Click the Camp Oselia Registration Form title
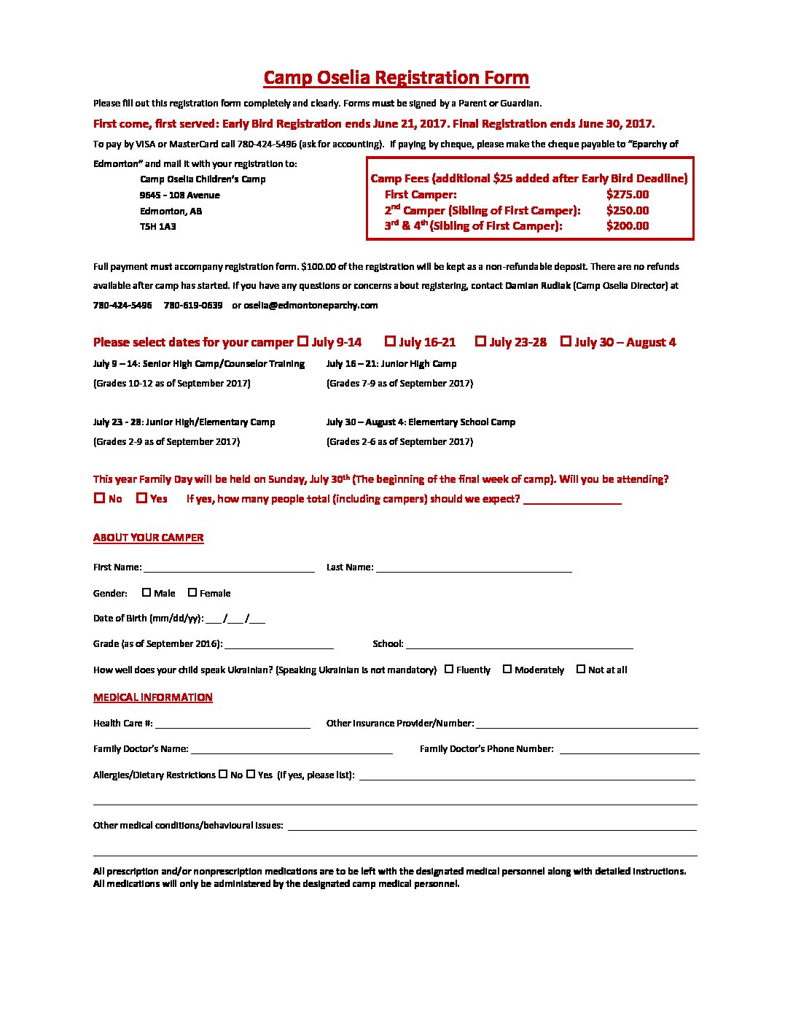[x=396, y=77]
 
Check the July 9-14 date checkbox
[x=302, y=341]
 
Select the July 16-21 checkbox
[x=390, y=341]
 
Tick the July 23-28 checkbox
[x=480, y=341]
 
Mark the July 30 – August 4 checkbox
[x=566, y=341]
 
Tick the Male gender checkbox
[x=147, y=593]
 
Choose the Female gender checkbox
[x=192, y=593]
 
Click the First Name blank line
[x=229, y=567]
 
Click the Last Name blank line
[x=473, y=567]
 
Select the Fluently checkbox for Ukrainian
[x=449, y=669]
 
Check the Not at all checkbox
[x=581, y=669]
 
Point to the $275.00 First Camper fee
[x=627, y=195]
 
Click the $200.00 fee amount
[x=627, y=226]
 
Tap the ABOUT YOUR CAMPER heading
[x=148, y=538]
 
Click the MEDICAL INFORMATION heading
[x=152, y=697]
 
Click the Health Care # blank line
[x=233, y=724]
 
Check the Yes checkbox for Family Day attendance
[x=142, y=498]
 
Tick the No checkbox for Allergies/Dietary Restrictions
[x=223, y=775]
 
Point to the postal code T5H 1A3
[x=157, y=227]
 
